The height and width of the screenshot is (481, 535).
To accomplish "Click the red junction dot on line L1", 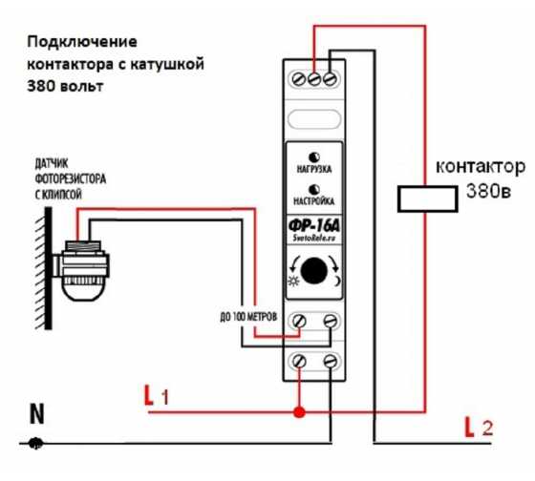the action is pyautogui.click(x=300, y=412).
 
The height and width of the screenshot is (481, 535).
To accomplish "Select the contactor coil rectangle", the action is pyautogui.click(x=428, y=199).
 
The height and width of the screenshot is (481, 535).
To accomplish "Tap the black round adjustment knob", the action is pyautogui.click(x=314, y=271).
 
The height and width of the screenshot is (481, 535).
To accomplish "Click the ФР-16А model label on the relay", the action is pyautogui.click(x=314, y=225).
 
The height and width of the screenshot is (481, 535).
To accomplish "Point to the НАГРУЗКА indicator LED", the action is pyautogui.click(x=314, y=157).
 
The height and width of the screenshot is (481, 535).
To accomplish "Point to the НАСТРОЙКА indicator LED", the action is pyautogui.click(x=314, y=190).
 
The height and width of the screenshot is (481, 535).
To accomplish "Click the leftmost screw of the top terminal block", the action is pyautogui.click(x=299, y=79).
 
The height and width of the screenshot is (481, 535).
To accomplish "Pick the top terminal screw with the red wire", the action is pyautogui.click(x=314, y=79).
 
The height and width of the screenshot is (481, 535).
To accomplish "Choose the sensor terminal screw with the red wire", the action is pyautogui.click(x=299, y=321).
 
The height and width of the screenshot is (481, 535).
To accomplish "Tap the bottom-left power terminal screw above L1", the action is pyautogui.click(x=299, y=361).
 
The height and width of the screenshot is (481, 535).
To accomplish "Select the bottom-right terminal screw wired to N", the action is pyautogui.click(x=330, y=361).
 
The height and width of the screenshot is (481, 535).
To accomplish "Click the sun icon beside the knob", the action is pyautogui.click(x=293, y=281).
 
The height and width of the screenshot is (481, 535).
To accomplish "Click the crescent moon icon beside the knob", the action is pyautogui.click(x=336, y=282).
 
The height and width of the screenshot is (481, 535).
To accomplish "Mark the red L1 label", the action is pyautogui.click(x=157, y=395).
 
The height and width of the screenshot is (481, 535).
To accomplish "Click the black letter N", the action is pyautogui.click(x=37, y=414).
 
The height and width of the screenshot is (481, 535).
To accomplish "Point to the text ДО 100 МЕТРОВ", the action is pyautogui.click(x=248, y=318).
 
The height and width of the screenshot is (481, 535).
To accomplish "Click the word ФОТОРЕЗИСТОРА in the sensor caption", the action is pyautogui.click(x=71, y=178).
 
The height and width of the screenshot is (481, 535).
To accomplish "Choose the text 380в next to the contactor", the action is pyautogui.click(x=488, y=192).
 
